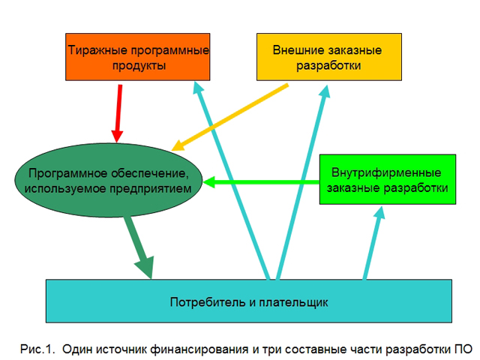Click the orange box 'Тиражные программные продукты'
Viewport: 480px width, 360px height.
click(x=138, y=57)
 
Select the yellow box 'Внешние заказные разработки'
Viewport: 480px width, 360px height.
click(x=329, y=57)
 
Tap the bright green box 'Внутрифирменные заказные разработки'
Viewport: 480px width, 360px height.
click(x=388, y=179)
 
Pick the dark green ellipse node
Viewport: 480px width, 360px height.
click(x=109, y=180)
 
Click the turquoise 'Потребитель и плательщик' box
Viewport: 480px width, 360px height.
click(x=249, y=301)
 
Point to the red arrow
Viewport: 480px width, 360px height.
click(x=118, y=113)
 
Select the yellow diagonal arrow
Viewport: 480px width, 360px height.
click(x=230, y=117)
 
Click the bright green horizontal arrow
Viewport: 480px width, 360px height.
click(x=261, y=182)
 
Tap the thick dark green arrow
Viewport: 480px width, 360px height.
click(x=139, y=247)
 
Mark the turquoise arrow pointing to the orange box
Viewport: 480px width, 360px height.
click(x=232, y=181)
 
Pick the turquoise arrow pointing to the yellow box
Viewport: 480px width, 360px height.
click(x=302, y=182)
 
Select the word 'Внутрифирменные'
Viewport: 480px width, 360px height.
click(x=386, y=172)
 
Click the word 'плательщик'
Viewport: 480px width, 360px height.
click(x=293, y=302)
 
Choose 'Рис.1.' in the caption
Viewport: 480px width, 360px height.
click(x=37, y=349)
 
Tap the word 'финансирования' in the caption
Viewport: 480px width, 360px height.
click(x=199, y=349)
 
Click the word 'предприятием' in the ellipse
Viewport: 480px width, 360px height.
click(x=151, y=188)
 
